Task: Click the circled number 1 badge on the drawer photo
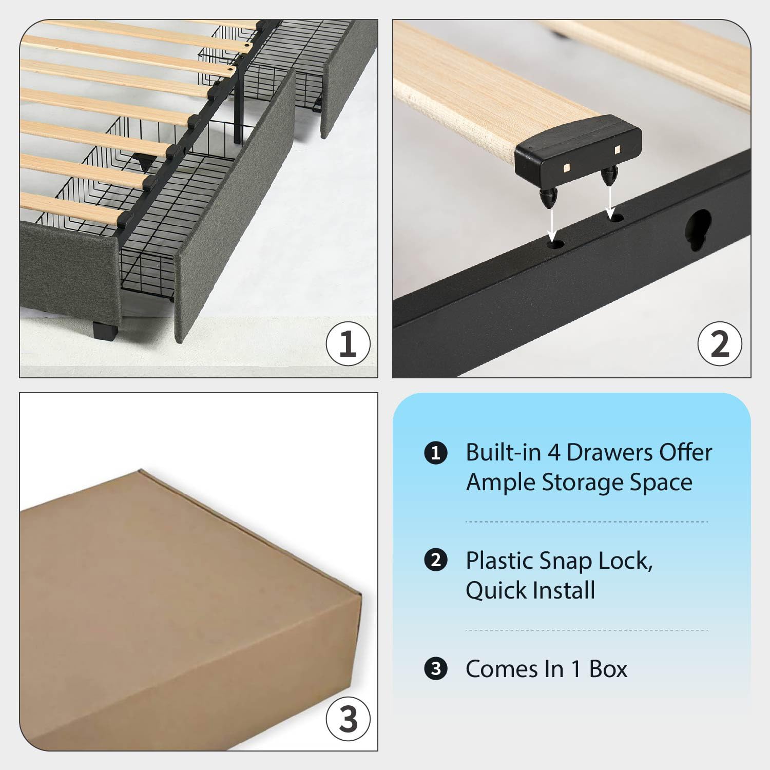tap(348, 344)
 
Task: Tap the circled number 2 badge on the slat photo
tap(720, 344)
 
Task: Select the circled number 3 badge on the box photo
tap(348, 719)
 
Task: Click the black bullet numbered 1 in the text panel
tap(436, 453)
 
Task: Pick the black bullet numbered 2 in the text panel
tap(436, 560)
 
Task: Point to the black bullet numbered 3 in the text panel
tap(436, 669)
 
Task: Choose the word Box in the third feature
tap(608, 669)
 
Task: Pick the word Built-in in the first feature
tap(503, 453)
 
